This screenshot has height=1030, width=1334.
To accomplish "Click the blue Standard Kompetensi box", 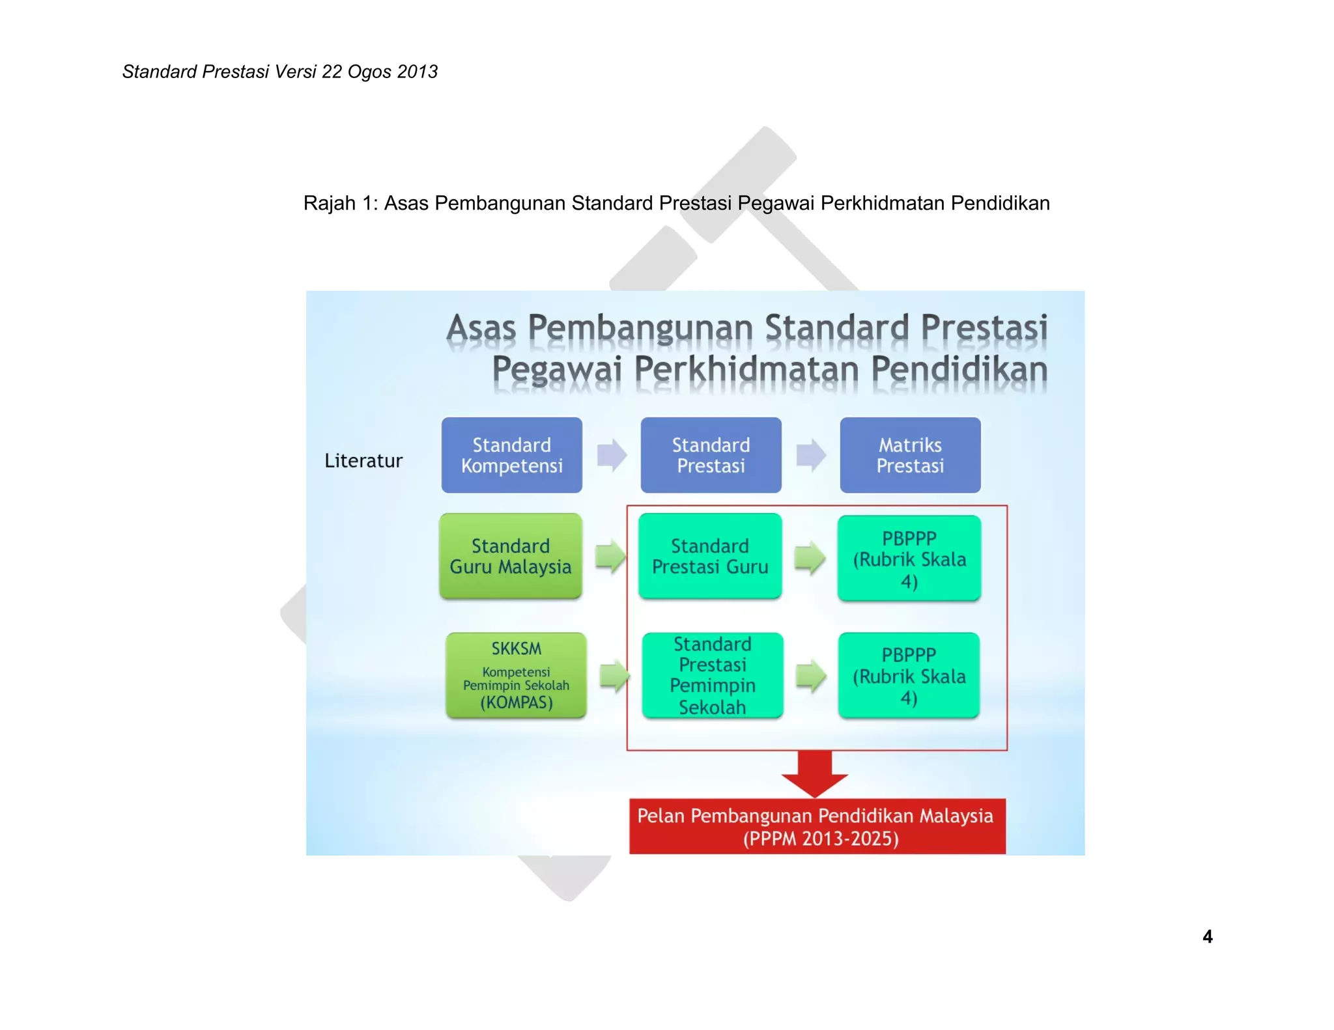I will pos(511,455).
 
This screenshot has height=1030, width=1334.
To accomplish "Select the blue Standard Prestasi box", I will pos(711,455).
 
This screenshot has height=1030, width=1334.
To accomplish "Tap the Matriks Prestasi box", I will pos(910,455).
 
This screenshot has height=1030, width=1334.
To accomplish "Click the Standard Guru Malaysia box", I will pos(511,556).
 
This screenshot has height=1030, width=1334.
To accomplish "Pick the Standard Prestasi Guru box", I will pos(710,556).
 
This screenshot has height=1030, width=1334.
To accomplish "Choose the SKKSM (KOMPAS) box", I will pos(516,675).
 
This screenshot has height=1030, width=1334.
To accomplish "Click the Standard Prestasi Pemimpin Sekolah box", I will pos(713,675).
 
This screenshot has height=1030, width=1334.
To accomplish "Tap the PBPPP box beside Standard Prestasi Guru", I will pos(909,559).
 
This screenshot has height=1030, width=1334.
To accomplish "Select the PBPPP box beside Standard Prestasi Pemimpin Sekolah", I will pos(909,675).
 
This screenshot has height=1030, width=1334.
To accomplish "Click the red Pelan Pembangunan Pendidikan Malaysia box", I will pos(817,826).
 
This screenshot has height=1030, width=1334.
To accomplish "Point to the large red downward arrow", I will pos(815,773).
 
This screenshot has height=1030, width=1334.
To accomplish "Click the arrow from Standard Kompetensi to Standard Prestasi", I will pos(612,454).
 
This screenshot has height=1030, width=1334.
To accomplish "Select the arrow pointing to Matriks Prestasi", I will pos(811,454).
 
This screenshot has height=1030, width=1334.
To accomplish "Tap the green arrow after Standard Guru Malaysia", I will pos(610,557).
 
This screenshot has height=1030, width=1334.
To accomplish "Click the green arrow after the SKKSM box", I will pos(614,676).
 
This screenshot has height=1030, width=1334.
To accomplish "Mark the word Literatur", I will pos(363,461).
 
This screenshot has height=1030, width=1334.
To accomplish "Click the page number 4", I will pos(1207,936).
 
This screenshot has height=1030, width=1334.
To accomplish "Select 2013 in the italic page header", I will pos(417,72).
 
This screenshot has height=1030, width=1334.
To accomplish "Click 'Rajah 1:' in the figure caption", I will pos(340,203).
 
